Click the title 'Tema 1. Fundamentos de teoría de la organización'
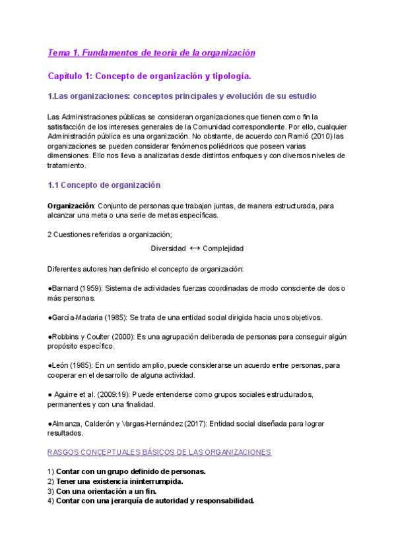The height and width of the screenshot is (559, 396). pos(151,52)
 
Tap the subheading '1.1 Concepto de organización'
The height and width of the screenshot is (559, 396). pos(104,185)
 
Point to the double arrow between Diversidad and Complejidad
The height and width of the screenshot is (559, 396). pos(194,249)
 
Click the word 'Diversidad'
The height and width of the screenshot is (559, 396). pos(168,249)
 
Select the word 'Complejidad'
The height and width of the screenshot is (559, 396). pos(223,249)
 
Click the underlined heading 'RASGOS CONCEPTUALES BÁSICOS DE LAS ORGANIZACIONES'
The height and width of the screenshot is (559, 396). pos(160,452)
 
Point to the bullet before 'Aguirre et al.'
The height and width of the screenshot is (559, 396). pos(50,394)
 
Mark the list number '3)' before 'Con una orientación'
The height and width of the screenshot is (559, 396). pos(51,491)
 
